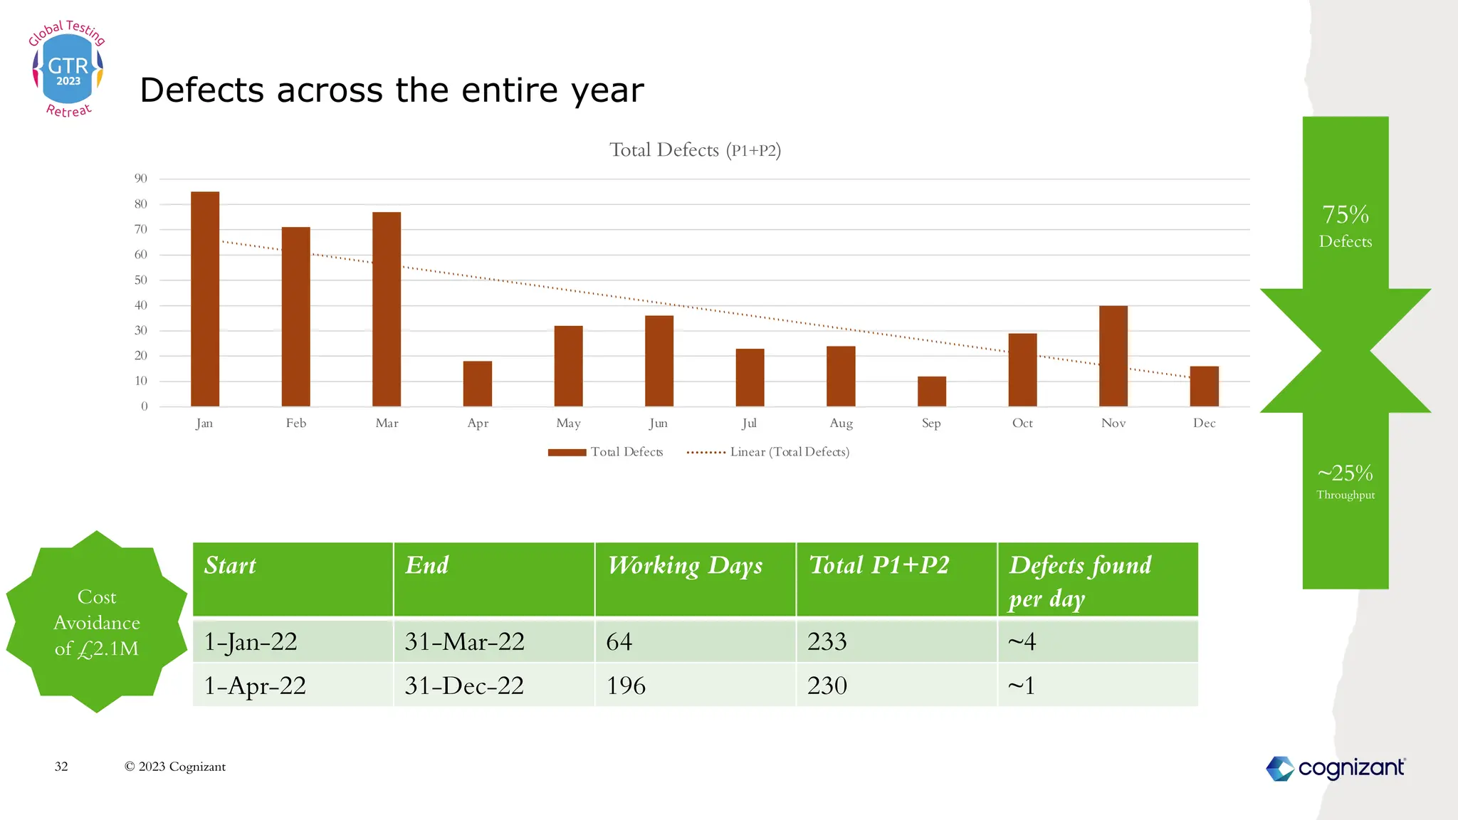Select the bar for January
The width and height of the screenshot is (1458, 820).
pyautogui.click(x=205, y=299)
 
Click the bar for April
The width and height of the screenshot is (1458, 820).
pyautogui.click(x=478, y=384)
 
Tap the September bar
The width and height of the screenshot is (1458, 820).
pyautogui.click(x=931, y=391)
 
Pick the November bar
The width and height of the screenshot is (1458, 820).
pyautogui.click(x=1113, y=356)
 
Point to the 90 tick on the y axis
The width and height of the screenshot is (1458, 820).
pyautogui.click(x=141, y=179)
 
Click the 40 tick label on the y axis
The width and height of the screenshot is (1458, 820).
pyautogui.click(x=141, y=305)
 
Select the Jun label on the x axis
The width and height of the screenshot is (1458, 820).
pyautogui.click(x=659, y=424)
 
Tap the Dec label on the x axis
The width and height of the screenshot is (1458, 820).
pyautogui.click(x=1204, y=424)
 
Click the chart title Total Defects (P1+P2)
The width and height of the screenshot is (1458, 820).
pyautogui.click(x=695, y=150)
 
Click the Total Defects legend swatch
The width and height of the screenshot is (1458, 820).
pyautogui.click(x=567, y=453)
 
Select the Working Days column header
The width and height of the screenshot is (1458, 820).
pyautogui.click(x=685, y=566)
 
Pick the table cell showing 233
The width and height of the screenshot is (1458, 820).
pyautogui.click(x=827, y=642)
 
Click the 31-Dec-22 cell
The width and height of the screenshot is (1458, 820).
pyautogui.click(x=464, y=686)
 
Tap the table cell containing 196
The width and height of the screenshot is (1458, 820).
pyautogui.click(x=626, y=686)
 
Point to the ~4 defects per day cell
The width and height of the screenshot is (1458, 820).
pyautogui.click(x=1022, y=642)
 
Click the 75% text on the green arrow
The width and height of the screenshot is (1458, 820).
pyautogui.click(x=1346, y=214)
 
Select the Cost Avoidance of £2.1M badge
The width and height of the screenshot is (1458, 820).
pyautogui.click(x=97, y=622)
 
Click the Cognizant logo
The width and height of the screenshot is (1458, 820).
pyautogui.click(x=1336, y=768)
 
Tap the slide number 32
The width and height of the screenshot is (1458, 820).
pyautogui.click(x=61, y=767)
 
